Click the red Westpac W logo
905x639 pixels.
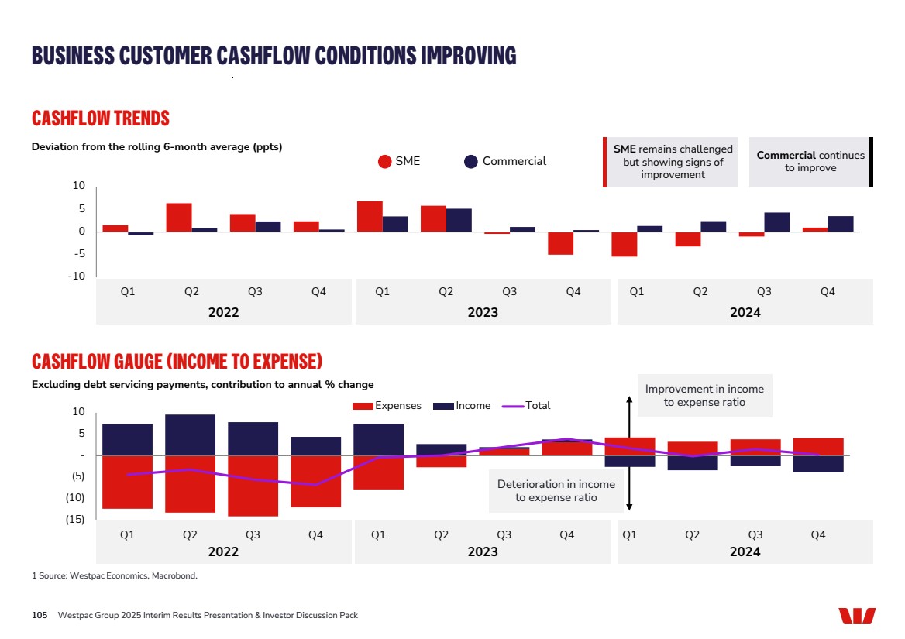856,616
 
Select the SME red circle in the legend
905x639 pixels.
385,161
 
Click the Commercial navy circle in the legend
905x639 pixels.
471,161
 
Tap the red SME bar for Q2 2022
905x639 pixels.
179,217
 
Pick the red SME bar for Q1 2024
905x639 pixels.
624,244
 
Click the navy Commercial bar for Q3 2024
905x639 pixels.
776,222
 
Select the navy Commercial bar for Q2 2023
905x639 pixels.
459,220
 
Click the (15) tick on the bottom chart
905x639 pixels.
74,520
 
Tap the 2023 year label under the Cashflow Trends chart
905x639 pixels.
483,312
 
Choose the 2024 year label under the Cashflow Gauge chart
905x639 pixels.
745,551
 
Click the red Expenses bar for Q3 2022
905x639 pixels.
253,486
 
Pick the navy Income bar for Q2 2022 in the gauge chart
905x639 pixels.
190,435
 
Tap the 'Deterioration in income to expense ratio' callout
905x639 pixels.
556,490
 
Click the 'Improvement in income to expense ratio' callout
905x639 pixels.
704,395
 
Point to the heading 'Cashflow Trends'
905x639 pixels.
101,119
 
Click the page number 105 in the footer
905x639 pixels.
40,615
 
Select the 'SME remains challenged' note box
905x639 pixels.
672,162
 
